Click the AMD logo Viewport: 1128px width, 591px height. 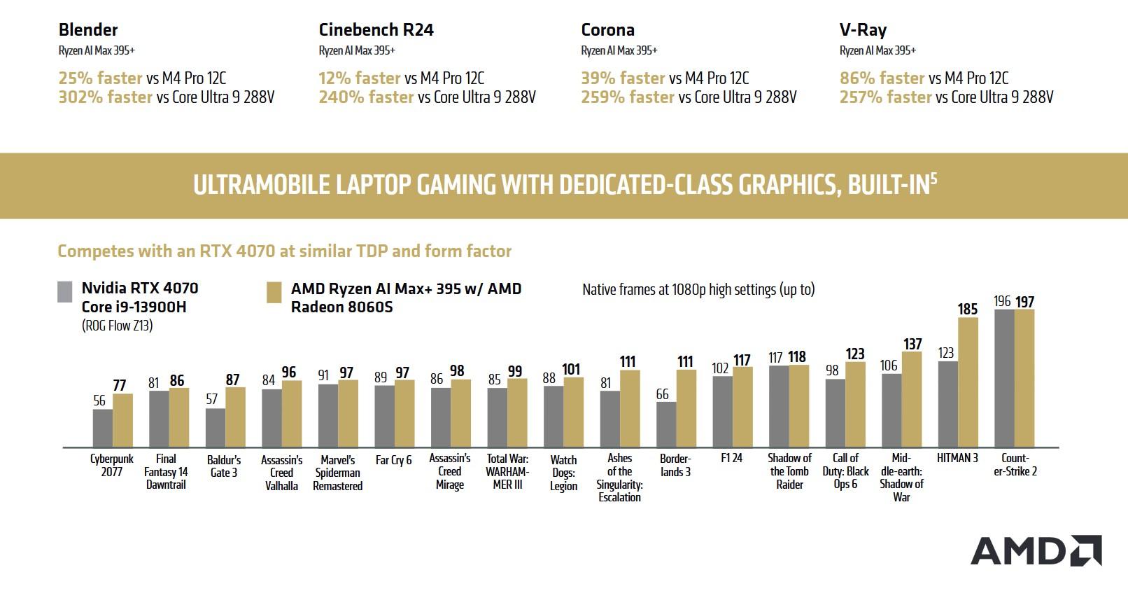1036,550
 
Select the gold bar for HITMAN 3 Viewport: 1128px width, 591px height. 968,382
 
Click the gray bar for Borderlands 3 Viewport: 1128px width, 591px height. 666,424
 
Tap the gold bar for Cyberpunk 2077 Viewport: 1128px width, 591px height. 123,420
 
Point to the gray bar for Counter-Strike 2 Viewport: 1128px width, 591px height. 1004,378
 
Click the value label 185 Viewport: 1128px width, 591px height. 968,309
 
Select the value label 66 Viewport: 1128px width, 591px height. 663,394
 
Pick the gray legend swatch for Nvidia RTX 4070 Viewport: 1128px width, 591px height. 65,292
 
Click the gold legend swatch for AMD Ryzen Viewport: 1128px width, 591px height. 274,293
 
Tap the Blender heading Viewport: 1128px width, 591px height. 88,29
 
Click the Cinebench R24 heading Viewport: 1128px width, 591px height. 376,29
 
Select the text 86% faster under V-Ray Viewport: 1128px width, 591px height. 882,78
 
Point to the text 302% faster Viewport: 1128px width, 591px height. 105,97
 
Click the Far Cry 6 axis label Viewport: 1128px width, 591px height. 393,460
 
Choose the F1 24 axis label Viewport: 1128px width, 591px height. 731,458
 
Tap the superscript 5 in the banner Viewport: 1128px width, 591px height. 933,178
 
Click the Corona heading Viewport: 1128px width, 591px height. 607,29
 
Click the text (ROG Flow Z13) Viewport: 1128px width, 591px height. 117,326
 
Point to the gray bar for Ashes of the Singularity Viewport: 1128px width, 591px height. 610,419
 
